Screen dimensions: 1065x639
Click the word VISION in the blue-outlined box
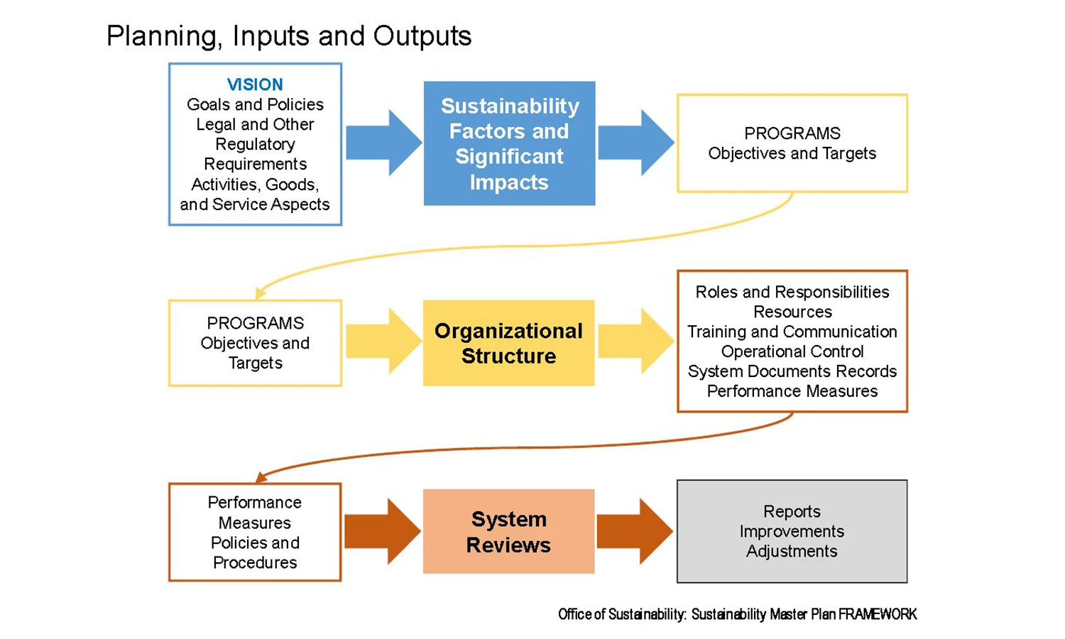point(255,84)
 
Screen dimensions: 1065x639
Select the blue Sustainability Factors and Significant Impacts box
point(509,143)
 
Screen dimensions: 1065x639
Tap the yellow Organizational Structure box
point(509,343)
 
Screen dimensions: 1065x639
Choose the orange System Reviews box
point(509,531)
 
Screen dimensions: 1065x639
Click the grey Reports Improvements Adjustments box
point(792,531)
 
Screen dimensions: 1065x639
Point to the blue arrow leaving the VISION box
point(383,143)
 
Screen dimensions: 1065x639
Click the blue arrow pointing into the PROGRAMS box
point(636,143)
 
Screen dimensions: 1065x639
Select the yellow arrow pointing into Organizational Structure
point(383,341)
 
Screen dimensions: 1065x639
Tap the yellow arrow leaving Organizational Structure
point(636,341)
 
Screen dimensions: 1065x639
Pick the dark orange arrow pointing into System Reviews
point(383,531)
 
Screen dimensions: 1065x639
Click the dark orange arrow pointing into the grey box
point(635,531)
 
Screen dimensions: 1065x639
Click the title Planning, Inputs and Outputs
point(289,36)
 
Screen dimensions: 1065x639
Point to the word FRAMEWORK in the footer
point(878,614)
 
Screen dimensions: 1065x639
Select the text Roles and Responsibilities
point(792,291)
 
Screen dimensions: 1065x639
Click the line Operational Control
point(792,351)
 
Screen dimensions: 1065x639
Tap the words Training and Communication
point(792,332)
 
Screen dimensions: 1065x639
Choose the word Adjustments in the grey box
point(792,551)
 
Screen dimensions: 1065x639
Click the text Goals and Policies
point(255,104)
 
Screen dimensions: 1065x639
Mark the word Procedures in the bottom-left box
point(255,562)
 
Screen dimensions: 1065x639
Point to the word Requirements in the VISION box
point(255,164)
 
